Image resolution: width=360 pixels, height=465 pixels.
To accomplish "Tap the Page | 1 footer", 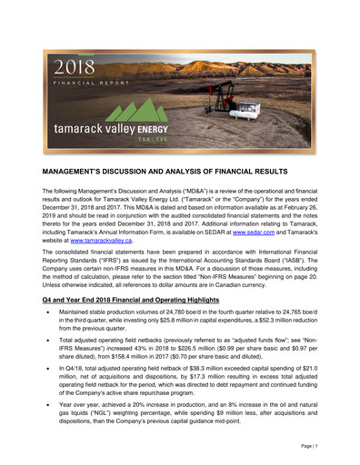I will tap(307, 447).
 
